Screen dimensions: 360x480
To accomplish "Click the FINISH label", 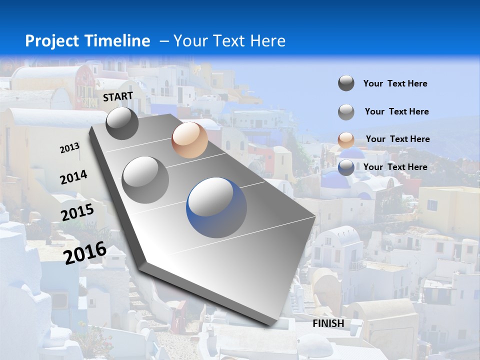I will (328, 323).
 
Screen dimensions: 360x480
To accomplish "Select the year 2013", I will (69, 147).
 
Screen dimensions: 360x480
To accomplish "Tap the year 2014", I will (73, 177).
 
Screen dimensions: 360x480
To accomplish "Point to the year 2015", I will (77, 212).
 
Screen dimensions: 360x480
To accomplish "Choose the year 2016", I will (85, 252).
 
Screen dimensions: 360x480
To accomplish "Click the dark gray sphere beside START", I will (122, 123).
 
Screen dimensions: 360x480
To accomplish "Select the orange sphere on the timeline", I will (189, 140).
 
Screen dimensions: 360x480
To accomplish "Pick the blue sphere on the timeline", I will (216, 207).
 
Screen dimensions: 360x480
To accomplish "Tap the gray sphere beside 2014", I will (145, 179).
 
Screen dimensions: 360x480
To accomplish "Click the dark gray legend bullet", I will (346, 83).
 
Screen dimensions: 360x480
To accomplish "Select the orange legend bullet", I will (346, 139).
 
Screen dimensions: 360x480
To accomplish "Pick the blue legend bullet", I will (346, 167).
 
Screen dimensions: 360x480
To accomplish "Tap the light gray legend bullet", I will (346, 112).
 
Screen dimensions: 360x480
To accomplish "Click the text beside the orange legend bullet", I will (397, 139).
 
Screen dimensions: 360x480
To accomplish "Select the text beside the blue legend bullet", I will (395, 167).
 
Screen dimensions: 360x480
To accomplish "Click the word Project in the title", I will (51, 41).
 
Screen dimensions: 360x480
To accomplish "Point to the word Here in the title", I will (267, 41).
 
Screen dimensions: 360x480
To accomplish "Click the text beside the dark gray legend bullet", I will (395, 83).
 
